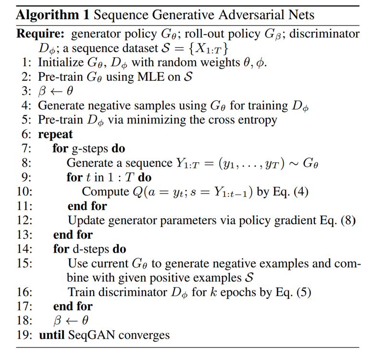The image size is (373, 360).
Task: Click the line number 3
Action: pyautogui.click(x=26, y=91)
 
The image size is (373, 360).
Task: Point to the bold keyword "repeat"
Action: pyautogui.click(x=56, y=134)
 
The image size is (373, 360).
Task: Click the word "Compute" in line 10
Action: pyautogui.click(x=103, y=192)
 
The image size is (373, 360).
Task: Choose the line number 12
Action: pyautogui.click(x=24, y=220)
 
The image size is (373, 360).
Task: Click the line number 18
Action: pyautogui.click(x=24, y=320)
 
